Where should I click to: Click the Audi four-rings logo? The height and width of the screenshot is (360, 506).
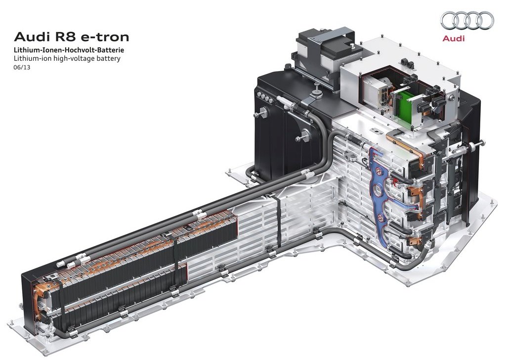[467, 20]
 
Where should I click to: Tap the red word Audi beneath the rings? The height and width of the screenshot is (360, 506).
[454, 39]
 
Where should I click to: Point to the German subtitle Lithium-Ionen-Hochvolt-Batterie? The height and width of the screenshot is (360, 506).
[69, 50]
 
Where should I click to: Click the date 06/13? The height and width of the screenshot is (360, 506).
[22, 68]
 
